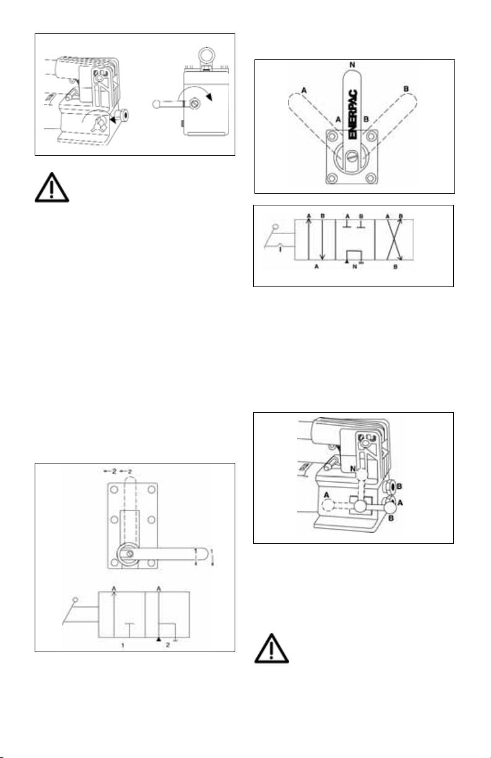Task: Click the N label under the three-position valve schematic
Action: pyautogui.click(x=354, y=271)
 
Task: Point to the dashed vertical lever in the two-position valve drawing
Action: pyautogui.click(x=129, y=507)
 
